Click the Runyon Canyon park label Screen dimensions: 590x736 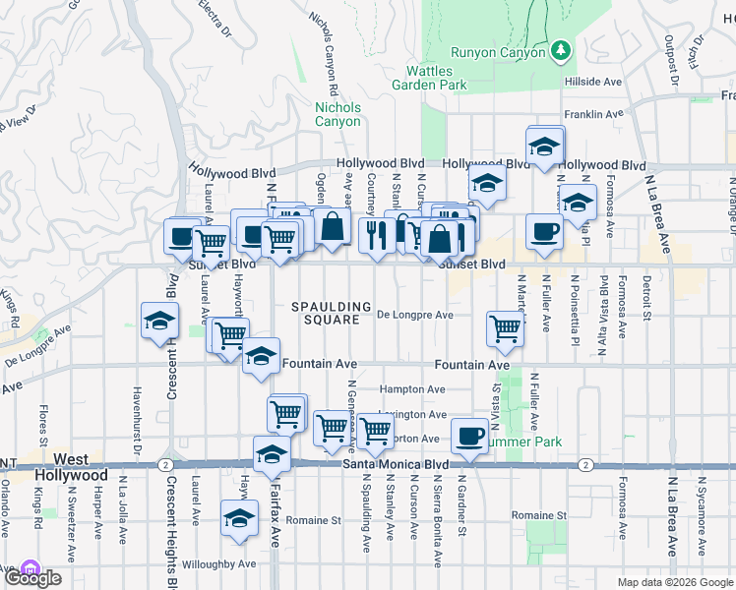coord(498,52)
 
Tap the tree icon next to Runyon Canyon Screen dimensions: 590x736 coord(561,49)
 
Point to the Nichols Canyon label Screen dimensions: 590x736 coord(337,114)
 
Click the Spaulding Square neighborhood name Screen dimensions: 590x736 coord(332,314)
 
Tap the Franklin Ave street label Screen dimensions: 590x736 coord(594,114)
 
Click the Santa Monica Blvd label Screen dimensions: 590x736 coord(395,463)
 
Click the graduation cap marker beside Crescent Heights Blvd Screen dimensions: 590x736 coord(158,322)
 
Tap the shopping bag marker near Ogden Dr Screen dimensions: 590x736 coord(334,226)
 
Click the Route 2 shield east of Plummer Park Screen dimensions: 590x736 coord(584,464)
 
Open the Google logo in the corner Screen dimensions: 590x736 coord(31,576)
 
